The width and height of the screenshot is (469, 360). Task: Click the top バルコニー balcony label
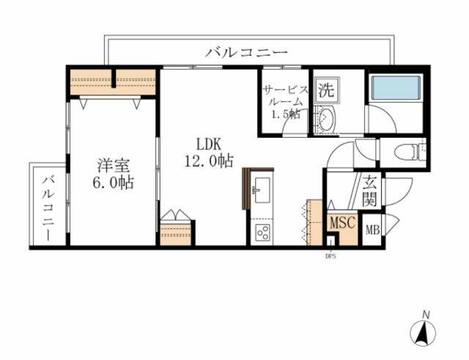coord(246,52)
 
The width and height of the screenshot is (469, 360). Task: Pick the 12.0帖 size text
coord(209,161)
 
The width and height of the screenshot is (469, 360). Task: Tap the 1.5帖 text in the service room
coord(284,114)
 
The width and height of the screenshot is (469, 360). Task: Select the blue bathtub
coord(395,89)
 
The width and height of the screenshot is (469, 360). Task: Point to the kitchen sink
coord(261,194)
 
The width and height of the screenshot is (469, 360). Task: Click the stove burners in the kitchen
coord(261,233)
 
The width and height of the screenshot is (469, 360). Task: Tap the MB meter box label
coord(373,229)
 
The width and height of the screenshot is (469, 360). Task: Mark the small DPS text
coord(330,256)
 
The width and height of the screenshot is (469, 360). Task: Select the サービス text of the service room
coord(284,89)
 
